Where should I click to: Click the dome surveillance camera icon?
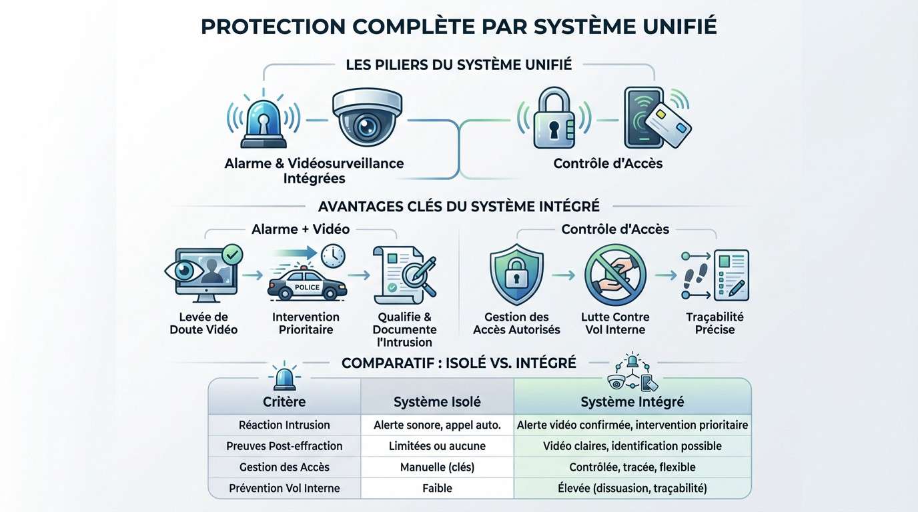point(368,118)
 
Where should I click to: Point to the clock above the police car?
point(331,255)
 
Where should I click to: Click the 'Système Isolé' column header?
point(437,402)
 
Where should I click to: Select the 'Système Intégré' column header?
point(632,402)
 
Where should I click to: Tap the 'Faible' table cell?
point(437,489)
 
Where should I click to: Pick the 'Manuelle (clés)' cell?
point(437,467)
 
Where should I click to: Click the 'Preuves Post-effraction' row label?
point(284,446)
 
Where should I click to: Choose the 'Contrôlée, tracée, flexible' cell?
point(632,467)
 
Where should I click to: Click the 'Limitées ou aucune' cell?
point(437,446)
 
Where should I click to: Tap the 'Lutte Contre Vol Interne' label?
point(616,323)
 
